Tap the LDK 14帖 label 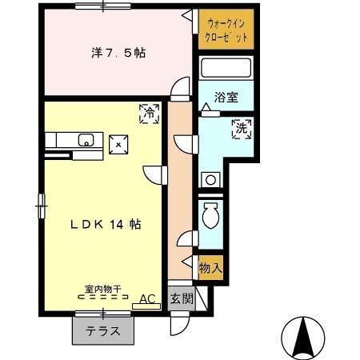tap(104, 225)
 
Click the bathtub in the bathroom tap(226, 70)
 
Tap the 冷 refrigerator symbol tap(149, 113)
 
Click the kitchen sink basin tap(85, 142)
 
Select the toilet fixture tap(212, 215)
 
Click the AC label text tap(146, 298)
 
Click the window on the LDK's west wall tap(41, 206)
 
